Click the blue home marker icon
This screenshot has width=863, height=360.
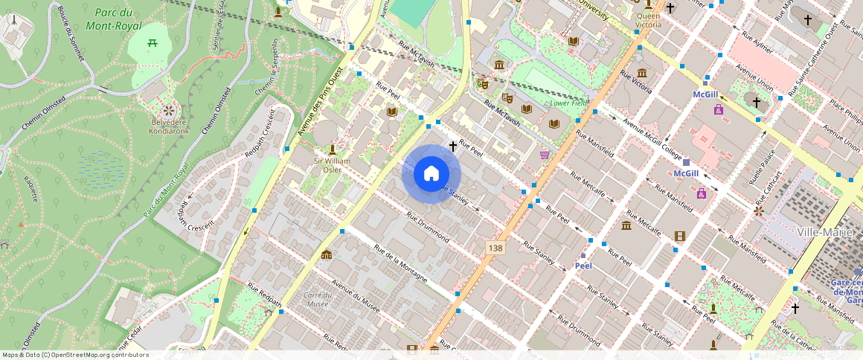[431, 174]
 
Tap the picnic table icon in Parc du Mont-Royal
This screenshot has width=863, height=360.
[153, 45]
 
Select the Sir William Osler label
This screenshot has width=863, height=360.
[332, 164]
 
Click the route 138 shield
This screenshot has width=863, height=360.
[496, 247]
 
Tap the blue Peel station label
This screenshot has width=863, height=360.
[583, 266]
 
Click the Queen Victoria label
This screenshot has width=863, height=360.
[648, 20]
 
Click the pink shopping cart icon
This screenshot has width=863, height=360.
[545, 155]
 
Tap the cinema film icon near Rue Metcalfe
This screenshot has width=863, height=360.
[678, 236]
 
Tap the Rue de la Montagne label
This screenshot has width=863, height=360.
[400, 264]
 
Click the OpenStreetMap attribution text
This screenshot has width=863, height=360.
[74, 355]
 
